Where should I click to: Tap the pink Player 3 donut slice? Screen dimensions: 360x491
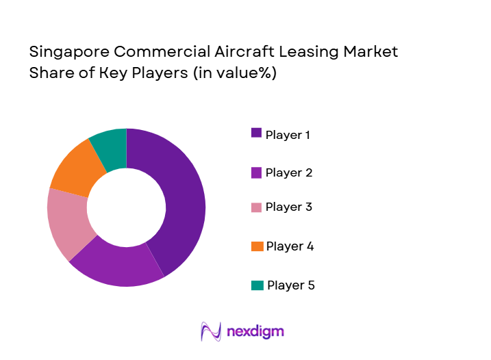(67, 222)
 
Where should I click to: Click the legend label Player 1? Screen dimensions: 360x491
(288, 135)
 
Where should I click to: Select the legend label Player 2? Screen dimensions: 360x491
(288, 172)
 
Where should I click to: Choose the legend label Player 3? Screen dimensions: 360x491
(288, 207)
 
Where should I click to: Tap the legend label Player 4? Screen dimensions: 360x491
(290, 246)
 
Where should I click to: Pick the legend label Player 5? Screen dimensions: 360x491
(291, 285)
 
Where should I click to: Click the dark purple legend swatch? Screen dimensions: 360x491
(257, 133)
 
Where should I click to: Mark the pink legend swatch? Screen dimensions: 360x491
(257, 207)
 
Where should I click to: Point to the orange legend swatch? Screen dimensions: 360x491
(257, 246)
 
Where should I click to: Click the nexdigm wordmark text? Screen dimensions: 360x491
(254, 333)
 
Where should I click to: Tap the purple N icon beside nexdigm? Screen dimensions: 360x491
(210, 331)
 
